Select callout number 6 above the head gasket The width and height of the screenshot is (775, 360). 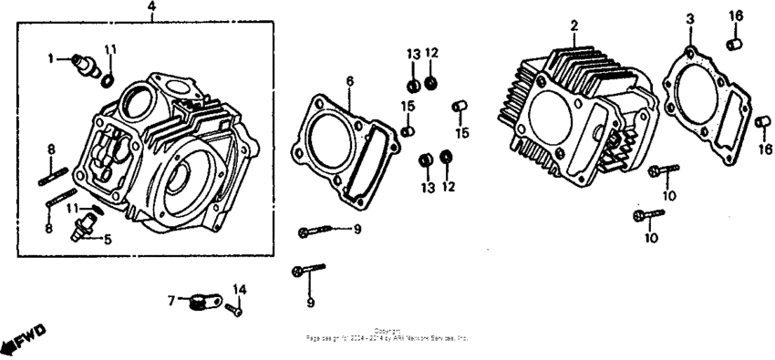tap(348, 81)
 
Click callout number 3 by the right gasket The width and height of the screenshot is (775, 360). tap(690, 19)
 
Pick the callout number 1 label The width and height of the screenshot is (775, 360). tap(52, 58)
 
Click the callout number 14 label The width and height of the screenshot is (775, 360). tap(240, 290)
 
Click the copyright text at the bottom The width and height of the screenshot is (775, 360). tap(387, 334)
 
